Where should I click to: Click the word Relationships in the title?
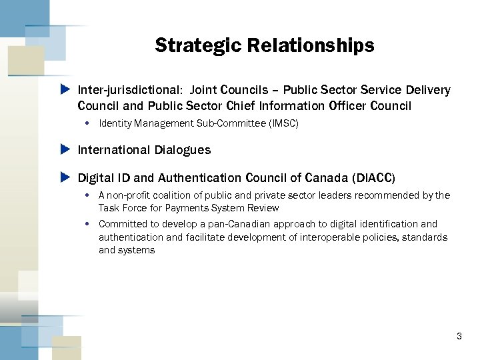[311, 45]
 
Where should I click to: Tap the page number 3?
[459, 337]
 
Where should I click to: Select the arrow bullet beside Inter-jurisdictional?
[65, 89]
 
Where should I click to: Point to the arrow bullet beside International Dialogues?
[65, 149]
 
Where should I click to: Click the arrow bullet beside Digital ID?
[65, 178]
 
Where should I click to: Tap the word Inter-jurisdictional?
[131, 90]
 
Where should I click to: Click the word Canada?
[324, 178]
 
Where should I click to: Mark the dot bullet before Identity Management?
[88, 123]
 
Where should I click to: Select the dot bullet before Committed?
[88, 224]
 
